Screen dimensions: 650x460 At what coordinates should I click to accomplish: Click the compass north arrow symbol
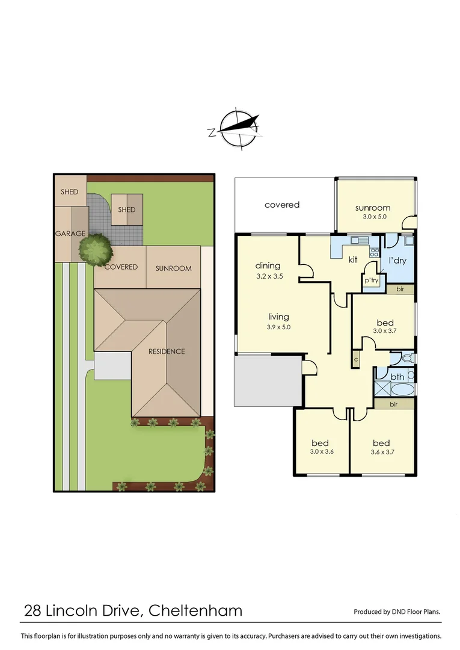click(x=240, y=128)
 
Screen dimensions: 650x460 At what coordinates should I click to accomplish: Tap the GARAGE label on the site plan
click(x=70, y=234)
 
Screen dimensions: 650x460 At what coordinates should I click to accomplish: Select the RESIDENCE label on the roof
click(x=167, y=351)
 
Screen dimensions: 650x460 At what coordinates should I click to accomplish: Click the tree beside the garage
click(x=96, y=249)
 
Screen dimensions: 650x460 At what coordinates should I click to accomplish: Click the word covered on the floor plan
click(x=281, y=205)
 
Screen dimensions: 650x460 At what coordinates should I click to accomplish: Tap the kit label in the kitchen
click(x=354, y=260)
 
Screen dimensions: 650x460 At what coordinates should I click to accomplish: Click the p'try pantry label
click(x=370, y=281)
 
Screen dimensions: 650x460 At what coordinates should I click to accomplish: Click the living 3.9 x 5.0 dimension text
click(x=278, y=327)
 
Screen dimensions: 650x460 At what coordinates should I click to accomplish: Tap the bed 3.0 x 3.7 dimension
click(x=385, y=330)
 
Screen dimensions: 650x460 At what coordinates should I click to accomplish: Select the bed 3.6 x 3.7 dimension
click(x=381, y=451)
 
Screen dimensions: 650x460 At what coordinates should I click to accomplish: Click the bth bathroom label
click(x=397, y=377)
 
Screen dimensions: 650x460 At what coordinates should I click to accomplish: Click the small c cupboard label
click(x=356, y=359)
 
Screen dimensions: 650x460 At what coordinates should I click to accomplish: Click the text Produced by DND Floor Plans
click(x=397, y=611)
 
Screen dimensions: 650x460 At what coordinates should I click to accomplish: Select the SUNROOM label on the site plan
click(x=173, y=268)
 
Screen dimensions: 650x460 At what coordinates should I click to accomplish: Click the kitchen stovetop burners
click(x=373, y=252)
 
